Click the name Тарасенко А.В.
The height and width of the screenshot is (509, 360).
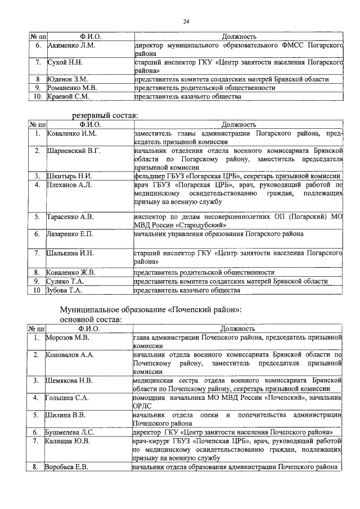[x=70, y=217]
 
